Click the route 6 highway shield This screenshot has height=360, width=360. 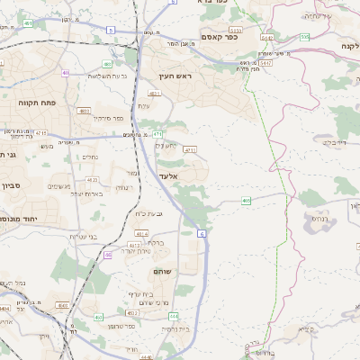pos(202,233)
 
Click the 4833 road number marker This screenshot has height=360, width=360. pos(84,111)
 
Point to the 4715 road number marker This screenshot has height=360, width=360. pos(40,133)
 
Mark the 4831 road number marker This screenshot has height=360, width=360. pos(154,93)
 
